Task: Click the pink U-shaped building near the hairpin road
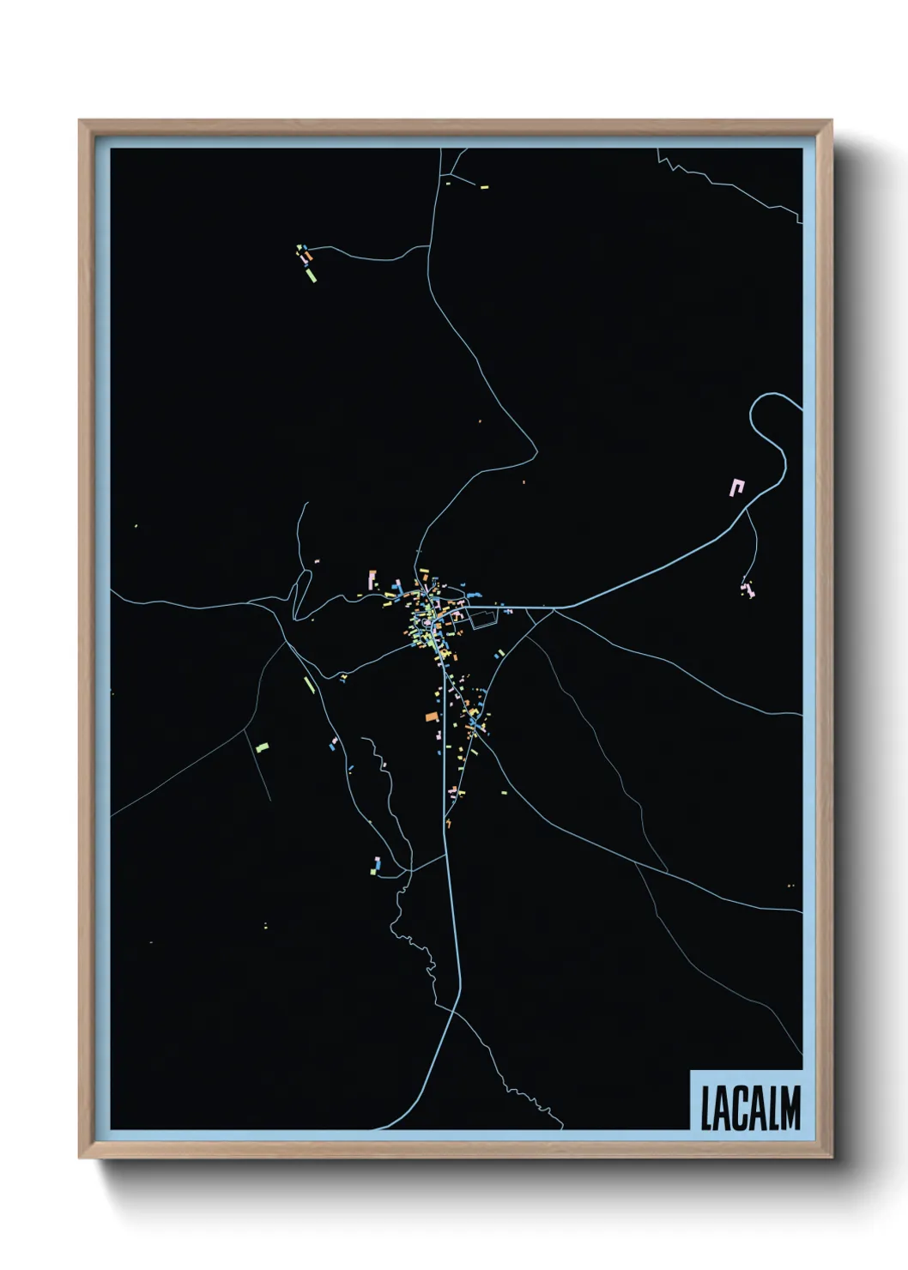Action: click(x=736, y=487)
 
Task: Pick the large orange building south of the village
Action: click(x=432, y=717)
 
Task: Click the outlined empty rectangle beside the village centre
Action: click(x=484, y=619)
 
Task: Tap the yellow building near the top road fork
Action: click(x=484, y=186)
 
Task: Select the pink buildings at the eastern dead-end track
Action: click(x=748, y=590)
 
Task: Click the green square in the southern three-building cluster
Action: click(x=373, y=871)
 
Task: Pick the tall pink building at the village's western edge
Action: click(x=372, y=580)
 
